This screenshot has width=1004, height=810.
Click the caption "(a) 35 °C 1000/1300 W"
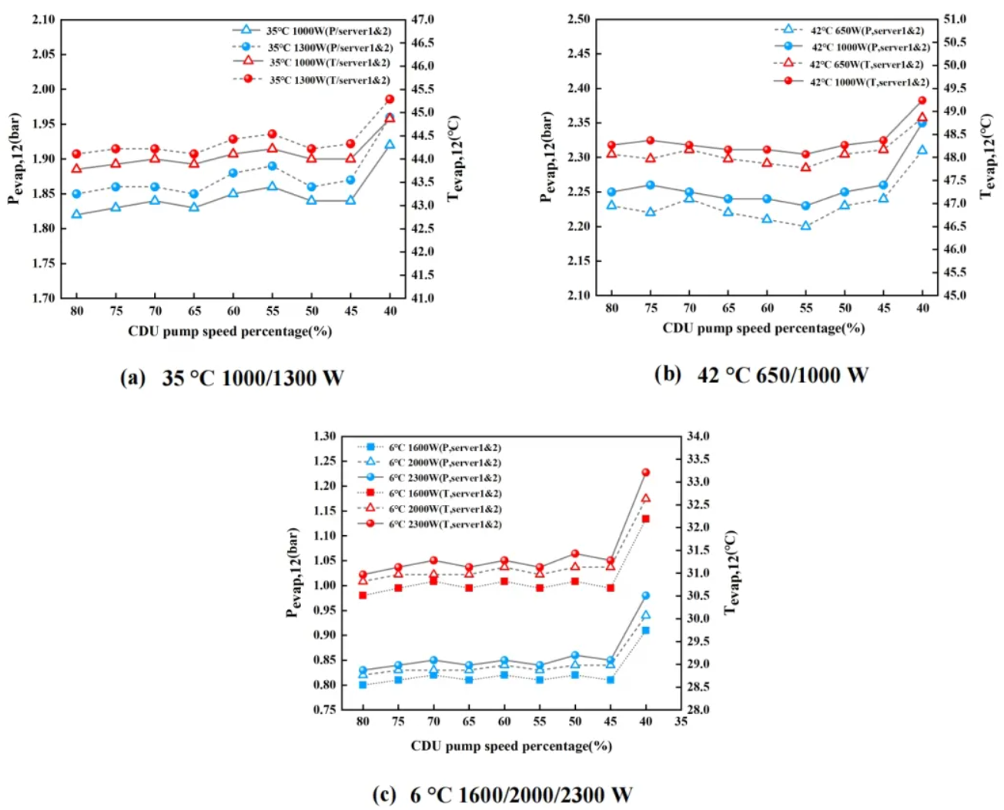(233, 378)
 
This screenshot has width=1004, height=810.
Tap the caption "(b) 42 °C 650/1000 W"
(761, 375)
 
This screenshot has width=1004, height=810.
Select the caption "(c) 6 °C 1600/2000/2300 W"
(502, 795)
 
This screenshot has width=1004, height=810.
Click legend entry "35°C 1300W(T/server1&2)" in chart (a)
(329, 80)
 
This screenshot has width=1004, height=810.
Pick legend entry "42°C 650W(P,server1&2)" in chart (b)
(866, 31)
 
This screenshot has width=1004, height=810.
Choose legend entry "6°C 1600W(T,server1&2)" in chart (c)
(444, 494)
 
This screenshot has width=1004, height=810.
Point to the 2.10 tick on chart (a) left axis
(44, 19)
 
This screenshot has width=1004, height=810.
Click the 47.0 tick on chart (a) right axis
(422, 19)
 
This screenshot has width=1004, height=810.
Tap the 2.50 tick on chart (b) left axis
(578, 19)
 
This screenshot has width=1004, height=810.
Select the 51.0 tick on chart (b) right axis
(955, 19)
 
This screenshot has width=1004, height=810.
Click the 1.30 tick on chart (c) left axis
(324, 437)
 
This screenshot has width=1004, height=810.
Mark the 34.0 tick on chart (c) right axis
(698, 437)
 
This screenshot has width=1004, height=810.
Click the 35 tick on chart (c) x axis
(681, 721)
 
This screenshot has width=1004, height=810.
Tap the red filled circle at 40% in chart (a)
(390, 99)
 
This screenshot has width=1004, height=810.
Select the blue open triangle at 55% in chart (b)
(805, 226)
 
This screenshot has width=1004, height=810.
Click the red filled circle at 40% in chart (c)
(646, 472)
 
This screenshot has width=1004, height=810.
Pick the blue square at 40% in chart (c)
(646, 631)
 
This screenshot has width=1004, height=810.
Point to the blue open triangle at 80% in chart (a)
(76, 214)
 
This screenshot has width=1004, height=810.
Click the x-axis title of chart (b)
(763, 328)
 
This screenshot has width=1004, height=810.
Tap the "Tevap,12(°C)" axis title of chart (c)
(731, 572)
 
